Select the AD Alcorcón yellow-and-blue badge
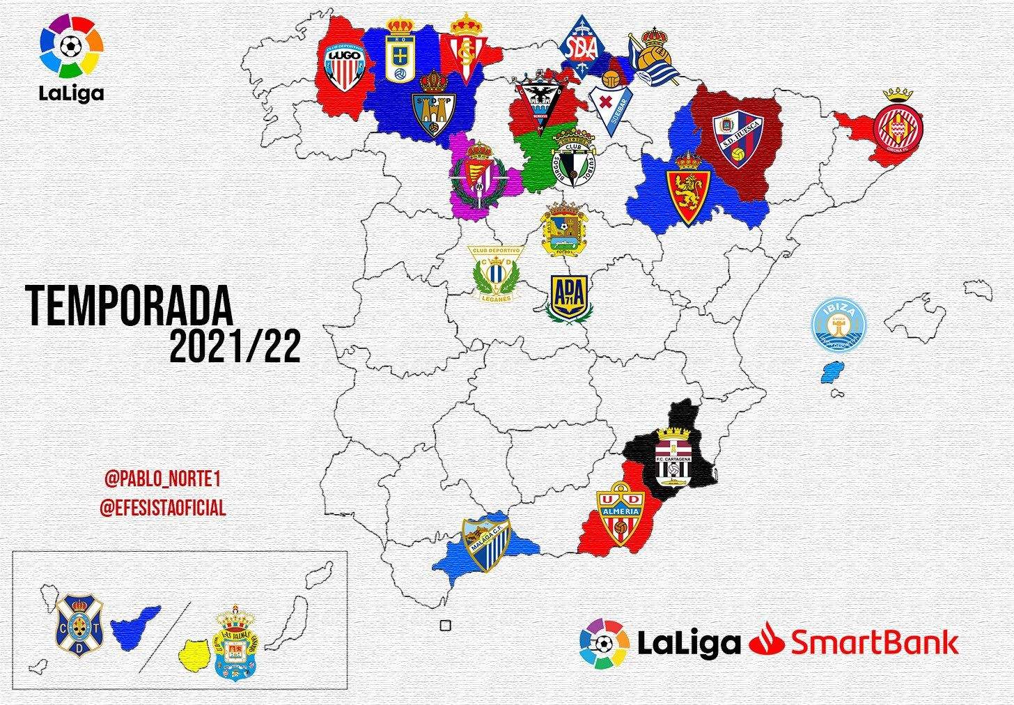point(569,298)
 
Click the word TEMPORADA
point(130,307)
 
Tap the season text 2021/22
point(235,346)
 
